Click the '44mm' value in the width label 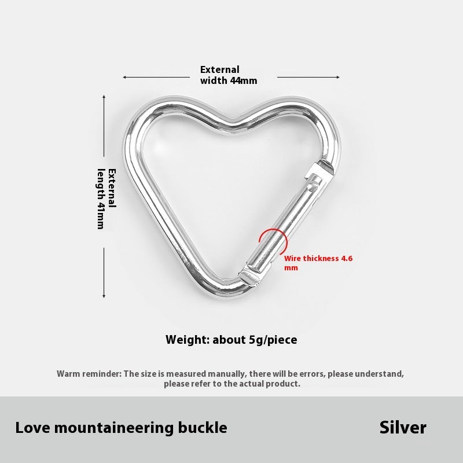pyautogui.click(x=244, y=80)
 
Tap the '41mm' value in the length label pyautogui.click(x=101, y=215)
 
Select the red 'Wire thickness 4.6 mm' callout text pyautogui.click(x=318, y=263)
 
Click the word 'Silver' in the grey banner pyautogui.click(x=403, y=428)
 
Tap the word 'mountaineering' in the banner pyautogui.click(x=113, y=428)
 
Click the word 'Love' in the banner pyautogui.click(x=32, y=428)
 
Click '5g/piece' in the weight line pyautogui.click(x=273, y=340)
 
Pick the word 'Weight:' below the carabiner pyautogui.click(x=188, y=340)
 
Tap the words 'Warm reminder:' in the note pyautogui.click(x=89, y=374)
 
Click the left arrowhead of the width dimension pyautogui.click(x=124, y=78)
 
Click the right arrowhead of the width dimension pyautogui.click(x=338, y=78)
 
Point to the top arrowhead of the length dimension pyautogui.click(x=104, y=97)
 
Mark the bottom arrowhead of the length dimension pyautogui.click(x=104, y=296)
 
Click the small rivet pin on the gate pyautogui.click(x=313, y=186)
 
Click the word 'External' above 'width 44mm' pyautogui.click(x=220, y=69)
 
